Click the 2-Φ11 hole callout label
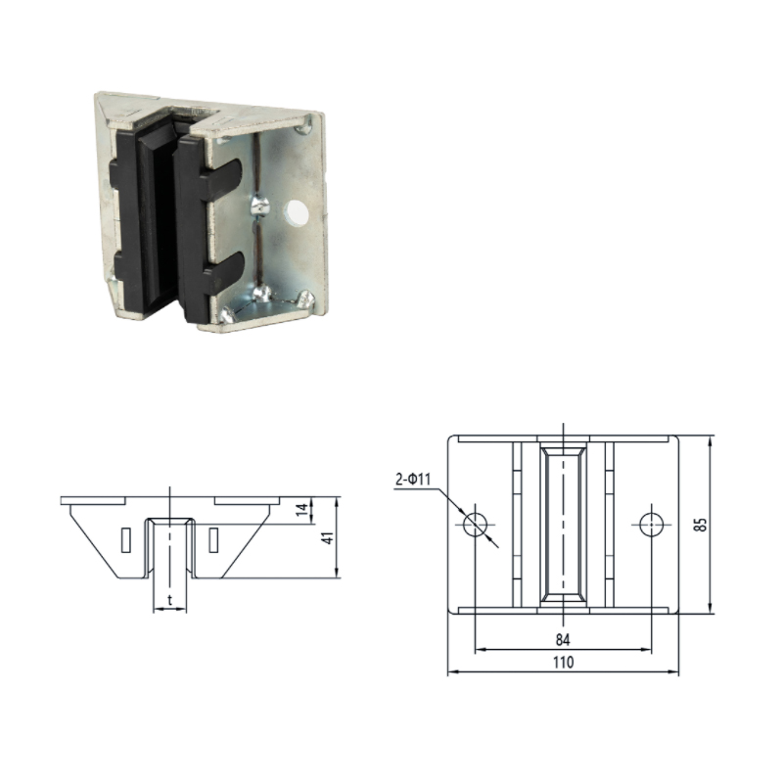(412, 480)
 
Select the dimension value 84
(563, 640)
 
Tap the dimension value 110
(564, 663)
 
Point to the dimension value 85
(702, 525)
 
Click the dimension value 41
(328, 537)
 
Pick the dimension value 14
(302, 510)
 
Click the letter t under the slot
(169, 600)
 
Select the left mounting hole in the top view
(475, 525)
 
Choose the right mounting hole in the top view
(651, 525)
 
